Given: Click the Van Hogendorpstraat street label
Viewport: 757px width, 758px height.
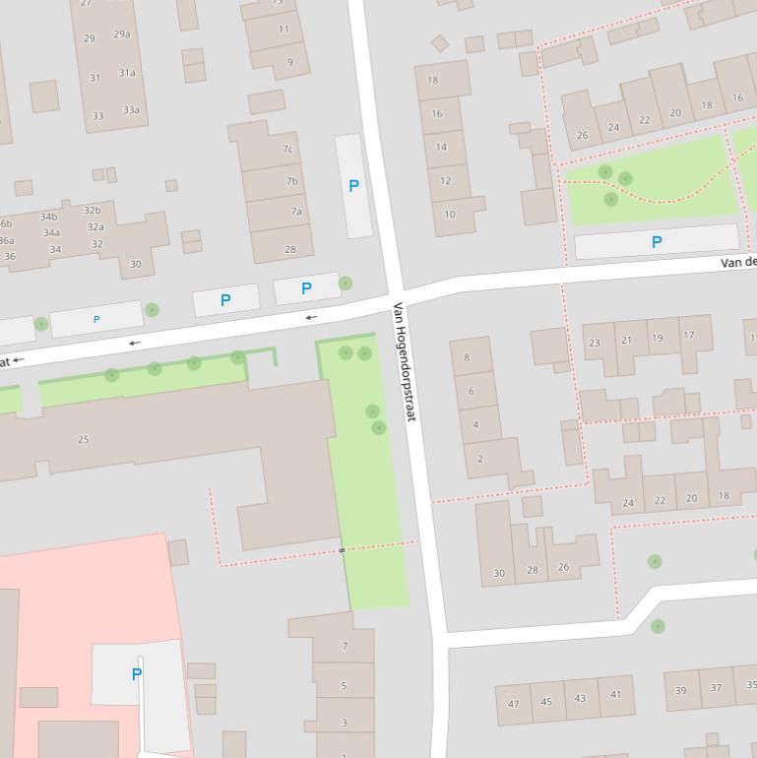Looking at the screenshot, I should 405,362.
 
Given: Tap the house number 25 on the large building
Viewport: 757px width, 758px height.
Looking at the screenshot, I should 83,439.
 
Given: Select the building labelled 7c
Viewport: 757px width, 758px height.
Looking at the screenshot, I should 288,150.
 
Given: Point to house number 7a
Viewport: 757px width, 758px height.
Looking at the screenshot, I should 295,212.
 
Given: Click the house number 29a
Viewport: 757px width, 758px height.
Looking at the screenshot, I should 121,34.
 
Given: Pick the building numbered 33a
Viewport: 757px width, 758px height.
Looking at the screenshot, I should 131,110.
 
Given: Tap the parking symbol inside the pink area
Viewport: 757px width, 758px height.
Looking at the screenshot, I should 136,674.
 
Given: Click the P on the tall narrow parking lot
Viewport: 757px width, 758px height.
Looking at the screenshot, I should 353,185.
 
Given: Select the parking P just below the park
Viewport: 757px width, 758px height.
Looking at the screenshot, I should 657,242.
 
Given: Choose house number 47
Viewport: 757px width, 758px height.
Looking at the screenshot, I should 513,704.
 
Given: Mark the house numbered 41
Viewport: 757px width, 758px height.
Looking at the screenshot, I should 615,695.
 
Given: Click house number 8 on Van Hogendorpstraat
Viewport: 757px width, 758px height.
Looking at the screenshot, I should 467,357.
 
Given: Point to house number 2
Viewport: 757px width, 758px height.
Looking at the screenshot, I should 480,459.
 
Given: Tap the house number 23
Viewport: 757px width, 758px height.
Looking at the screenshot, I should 594,344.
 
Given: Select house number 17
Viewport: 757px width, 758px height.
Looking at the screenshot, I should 688,336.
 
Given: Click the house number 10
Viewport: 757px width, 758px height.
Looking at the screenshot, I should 449,215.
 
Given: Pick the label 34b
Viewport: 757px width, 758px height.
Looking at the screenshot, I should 49,218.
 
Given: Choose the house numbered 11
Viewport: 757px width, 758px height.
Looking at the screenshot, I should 284,30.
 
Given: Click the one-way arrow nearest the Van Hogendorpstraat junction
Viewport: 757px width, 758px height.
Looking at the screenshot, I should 311,317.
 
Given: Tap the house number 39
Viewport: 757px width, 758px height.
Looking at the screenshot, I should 680,691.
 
